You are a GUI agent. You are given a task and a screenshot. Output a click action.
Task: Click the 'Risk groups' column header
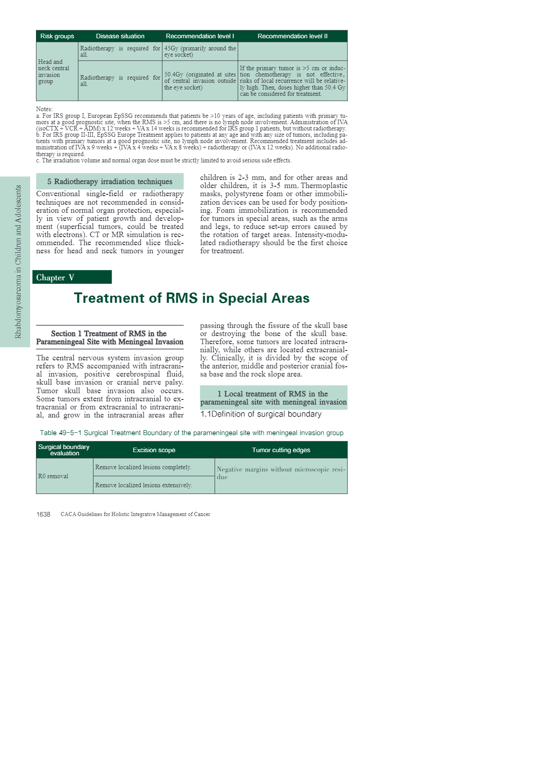pyautogui.click(x=57, y=36)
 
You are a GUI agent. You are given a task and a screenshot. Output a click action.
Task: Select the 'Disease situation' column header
pyautogui.click(x=120, y=36)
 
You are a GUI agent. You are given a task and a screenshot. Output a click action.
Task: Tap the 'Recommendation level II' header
pyautogui.click(x=292, y=36)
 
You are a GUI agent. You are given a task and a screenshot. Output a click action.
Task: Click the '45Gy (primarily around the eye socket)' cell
pyautogui.click(x=200, y=51)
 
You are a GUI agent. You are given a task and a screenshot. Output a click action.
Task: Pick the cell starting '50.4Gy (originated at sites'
pyautogui.click(x=200, y=81)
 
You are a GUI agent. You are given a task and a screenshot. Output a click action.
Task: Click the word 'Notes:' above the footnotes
pyautogui.click(x=44, y=109)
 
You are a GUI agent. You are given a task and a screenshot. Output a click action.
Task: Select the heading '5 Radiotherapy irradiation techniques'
pyautogui.click(x=110, y=181)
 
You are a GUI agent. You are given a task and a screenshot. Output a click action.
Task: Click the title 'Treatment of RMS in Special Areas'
pyautogui.click(x=192, y=298)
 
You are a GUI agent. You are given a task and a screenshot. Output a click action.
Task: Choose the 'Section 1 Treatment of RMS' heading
pyautogui.click(x=109, y=337)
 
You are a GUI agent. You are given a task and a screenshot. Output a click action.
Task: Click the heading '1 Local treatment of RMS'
pyautogui.click(x=273, y=398)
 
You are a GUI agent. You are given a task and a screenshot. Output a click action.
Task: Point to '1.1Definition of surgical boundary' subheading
pyautogui.click(x=261, y=414)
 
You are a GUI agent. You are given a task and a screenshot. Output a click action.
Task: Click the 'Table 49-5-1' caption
pyautogui.click(x=192, y=433)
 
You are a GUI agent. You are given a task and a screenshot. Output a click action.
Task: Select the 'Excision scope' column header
pyautogui.click(x=154, y=450)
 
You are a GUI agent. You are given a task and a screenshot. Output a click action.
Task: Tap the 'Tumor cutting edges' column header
pyautogui.click(x=281, y=450)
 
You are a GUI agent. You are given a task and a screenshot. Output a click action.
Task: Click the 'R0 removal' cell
pyautogui.click(x=53, y=476)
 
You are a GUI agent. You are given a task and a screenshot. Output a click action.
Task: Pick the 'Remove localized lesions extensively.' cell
pyautogui.click(x=144, y=485)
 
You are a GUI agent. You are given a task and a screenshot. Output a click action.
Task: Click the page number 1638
pyautogui.click(x=43, y=514)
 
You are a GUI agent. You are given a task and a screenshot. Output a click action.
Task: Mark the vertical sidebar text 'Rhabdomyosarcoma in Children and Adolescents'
pyautogui.click(x=18, y=261)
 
